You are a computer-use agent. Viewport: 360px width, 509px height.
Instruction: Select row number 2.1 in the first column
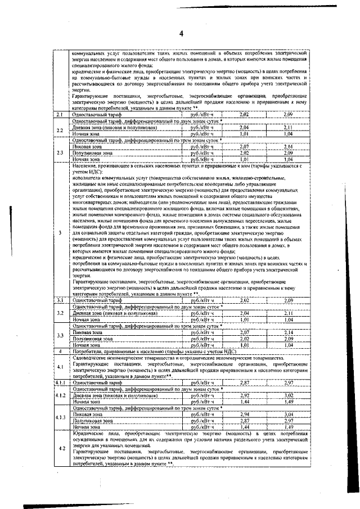58,115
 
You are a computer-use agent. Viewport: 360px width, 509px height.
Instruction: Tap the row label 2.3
58,152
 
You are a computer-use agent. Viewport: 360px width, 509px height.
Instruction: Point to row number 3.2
58,313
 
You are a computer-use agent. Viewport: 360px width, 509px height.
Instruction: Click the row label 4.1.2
60,396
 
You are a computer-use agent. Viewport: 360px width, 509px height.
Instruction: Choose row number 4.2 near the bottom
60,448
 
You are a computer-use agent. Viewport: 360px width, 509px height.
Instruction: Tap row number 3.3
58,336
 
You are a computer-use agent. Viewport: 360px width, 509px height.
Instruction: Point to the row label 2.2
58,130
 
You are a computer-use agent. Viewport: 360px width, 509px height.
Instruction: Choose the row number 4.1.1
60,382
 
